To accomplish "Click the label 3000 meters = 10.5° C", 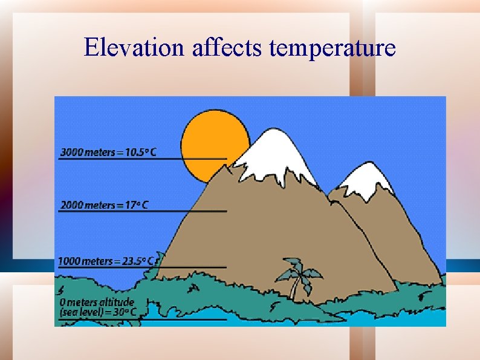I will tap(108, 152).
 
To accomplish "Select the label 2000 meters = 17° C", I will tap(104, 205).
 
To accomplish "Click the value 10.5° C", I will tap(140, 152).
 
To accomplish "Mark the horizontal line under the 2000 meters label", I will tap(143, 211).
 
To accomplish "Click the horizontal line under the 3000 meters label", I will tap(143, 159).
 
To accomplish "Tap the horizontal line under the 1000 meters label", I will tap(143, 267).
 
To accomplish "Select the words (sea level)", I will tap(80, 312).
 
